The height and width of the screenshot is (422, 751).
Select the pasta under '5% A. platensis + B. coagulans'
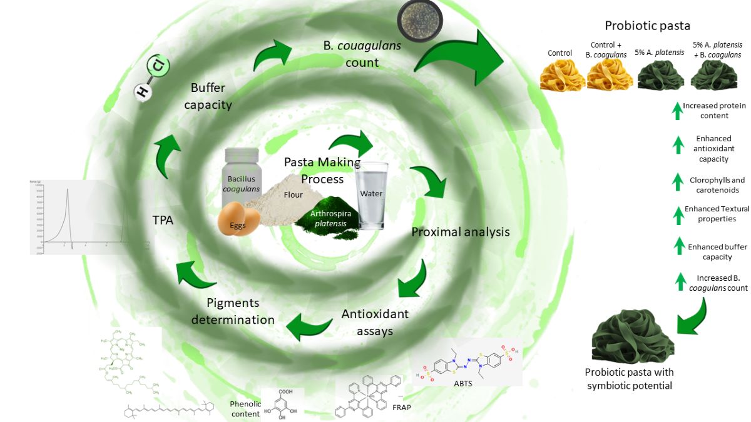(x=717, y=79)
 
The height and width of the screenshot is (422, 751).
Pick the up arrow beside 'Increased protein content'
(x=677, y=111)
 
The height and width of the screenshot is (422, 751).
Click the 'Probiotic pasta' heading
(x=647, y=26)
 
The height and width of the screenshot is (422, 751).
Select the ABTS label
(x=464, y=383)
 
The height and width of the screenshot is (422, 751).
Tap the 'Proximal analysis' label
(x=460, y=232)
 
